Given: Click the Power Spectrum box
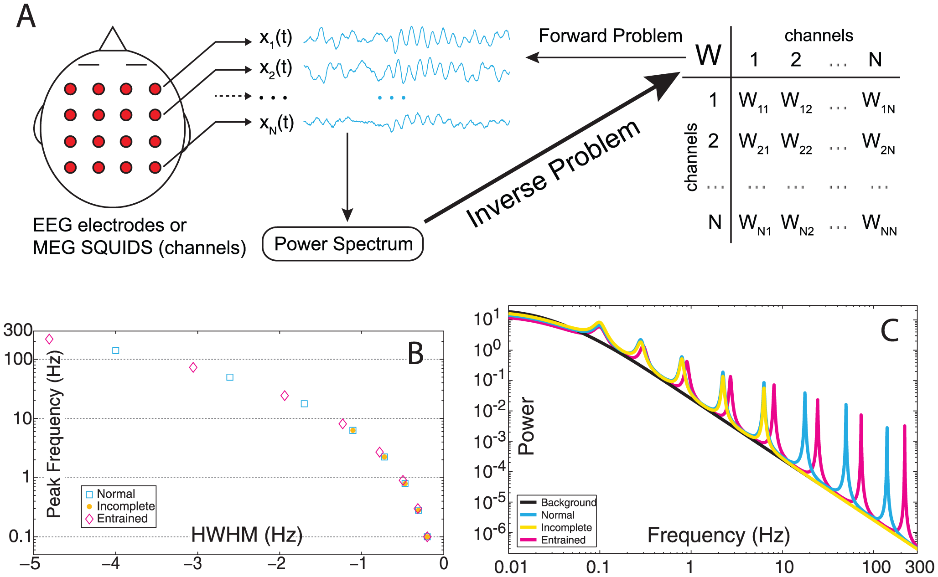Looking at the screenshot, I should coord(343,244).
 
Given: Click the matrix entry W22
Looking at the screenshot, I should coord(796,142).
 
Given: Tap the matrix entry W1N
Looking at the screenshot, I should coord(878,102).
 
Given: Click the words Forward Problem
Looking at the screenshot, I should coord(610,36).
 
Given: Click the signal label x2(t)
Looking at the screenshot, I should coord(275,68).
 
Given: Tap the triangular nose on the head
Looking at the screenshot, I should coord(113,40).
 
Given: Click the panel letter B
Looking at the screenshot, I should coord(415,354).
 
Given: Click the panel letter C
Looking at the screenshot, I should coord(889,331).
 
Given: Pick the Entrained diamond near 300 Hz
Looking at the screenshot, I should coord(49,339).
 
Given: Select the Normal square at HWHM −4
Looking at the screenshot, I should coord(116,350).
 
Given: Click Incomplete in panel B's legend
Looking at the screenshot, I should coord(125,506).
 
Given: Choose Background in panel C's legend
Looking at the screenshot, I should coord(568,502).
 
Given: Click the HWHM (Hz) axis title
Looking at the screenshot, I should coord(247,535).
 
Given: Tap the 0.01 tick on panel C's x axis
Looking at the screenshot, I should coord(511,567).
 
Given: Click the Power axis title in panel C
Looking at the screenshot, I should coord(526,426).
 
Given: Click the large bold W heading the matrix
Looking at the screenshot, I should coord(708,56).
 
